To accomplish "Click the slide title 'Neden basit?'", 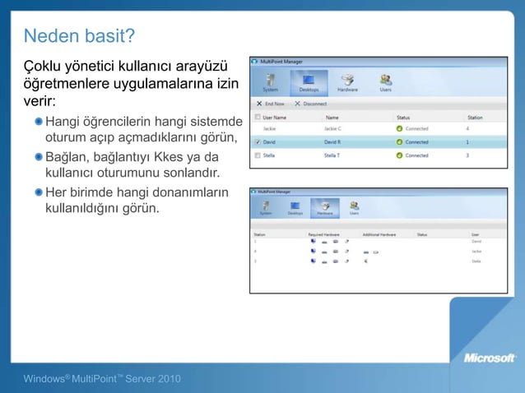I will coord(79,36).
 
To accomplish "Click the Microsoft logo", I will coord(490,358).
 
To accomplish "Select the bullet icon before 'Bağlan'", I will coord(39,156).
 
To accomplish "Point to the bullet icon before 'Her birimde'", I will coord(39,192).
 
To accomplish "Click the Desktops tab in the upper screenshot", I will coord(309,83).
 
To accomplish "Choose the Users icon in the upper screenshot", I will coord(384,83).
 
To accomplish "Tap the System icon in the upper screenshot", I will coord(270,83).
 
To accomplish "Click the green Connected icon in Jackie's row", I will coord(400,129).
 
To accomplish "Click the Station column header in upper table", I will coord(475,118).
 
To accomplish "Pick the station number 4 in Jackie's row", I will coord(467,129).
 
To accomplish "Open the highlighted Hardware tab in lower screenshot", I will coord(323,207).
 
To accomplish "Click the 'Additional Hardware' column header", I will coord(379,234).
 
